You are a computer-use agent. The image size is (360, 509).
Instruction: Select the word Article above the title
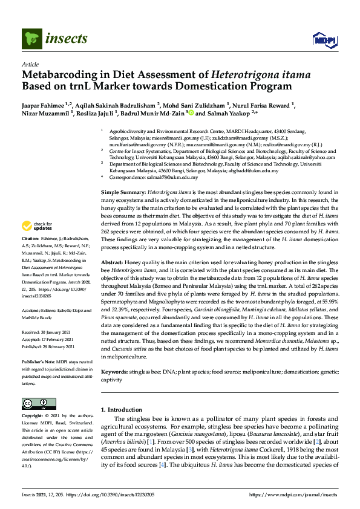coord(30,64)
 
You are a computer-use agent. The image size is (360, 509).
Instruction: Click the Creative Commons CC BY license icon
coord(35,403)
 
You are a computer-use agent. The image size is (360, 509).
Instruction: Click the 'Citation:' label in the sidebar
coord(31,256)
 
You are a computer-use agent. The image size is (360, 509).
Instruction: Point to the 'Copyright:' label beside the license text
coord(33,417)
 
